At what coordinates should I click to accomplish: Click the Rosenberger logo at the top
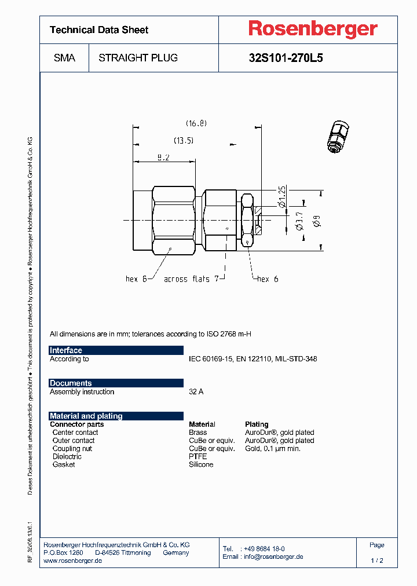click(313, 29)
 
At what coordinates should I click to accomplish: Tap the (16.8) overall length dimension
click(196, 123)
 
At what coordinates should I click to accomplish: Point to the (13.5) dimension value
click(184, 141)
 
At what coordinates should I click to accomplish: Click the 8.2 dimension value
click(163, 158)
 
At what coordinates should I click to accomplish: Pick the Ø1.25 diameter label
click(282, 197)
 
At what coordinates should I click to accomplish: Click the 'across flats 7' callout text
click(191, 279)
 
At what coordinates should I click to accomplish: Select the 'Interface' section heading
click(66, 350)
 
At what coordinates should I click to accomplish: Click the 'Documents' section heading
click(71, 383)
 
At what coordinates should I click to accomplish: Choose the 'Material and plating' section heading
click(86, 416)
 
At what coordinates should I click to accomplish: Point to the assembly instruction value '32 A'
click(196, 392)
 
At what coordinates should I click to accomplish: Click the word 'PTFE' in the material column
click(197, 456)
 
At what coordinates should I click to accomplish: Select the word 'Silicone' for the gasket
click(201, 464)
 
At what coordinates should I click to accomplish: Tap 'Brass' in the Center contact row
click(197, 433)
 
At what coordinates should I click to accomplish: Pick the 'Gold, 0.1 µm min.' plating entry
click(273, 449)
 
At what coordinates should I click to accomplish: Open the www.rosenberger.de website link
click(73, 561)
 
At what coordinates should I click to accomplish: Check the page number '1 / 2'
click(376, 561)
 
